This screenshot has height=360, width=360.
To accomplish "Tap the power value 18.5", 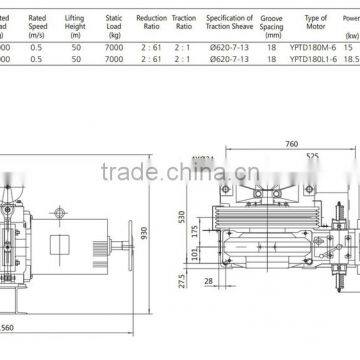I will pos(350,61).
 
